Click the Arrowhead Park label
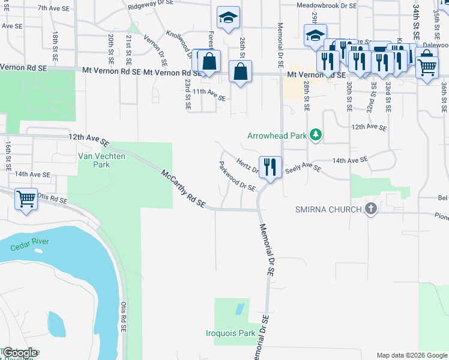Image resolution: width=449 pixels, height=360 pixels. pyautogui.click(x=277, y=136)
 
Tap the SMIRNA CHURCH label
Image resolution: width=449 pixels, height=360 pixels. pyautogui.click(x=328, y=209)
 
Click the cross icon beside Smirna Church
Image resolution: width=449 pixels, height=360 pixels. pyautogui.click(x=371, y=209)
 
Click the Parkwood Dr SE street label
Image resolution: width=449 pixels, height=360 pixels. pyautogui.click(x=237, y=176)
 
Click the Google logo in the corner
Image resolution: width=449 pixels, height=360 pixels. pyautogui.click(x=20, y=353)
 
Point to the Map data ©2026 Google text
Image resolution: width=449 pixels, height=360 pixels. pyautogui.click(x=411, y=355)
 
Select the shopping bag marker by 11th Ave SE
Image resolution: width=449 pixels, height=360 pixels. pyautogui.click(x=240, y=73)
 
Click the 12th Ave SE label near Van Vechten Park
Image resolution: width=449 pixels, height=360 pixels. pyautogui.click(x=89, y=138)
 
